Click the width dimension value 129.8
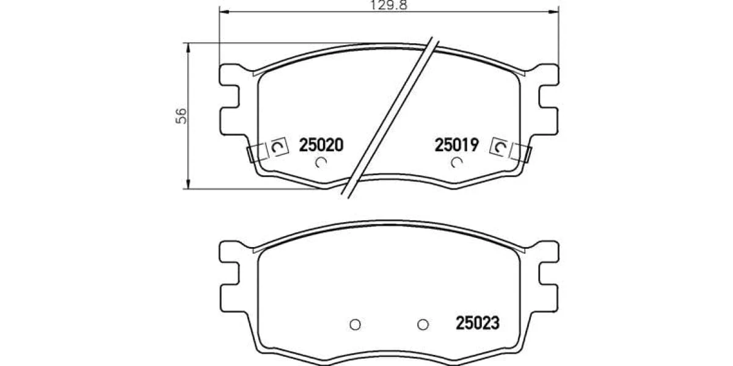pos(388,5)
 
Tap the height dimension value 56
pos(181,116)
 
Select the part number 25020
pos(321,145)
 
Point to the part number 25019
pos(457,145)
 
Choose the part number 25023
pos(478,323)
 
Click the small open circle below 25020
pos(321,162)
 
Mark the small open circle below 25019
pos(456,162)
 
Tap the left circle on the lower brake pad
pos(355,325)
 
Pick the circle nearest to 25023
pos(423,325)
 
